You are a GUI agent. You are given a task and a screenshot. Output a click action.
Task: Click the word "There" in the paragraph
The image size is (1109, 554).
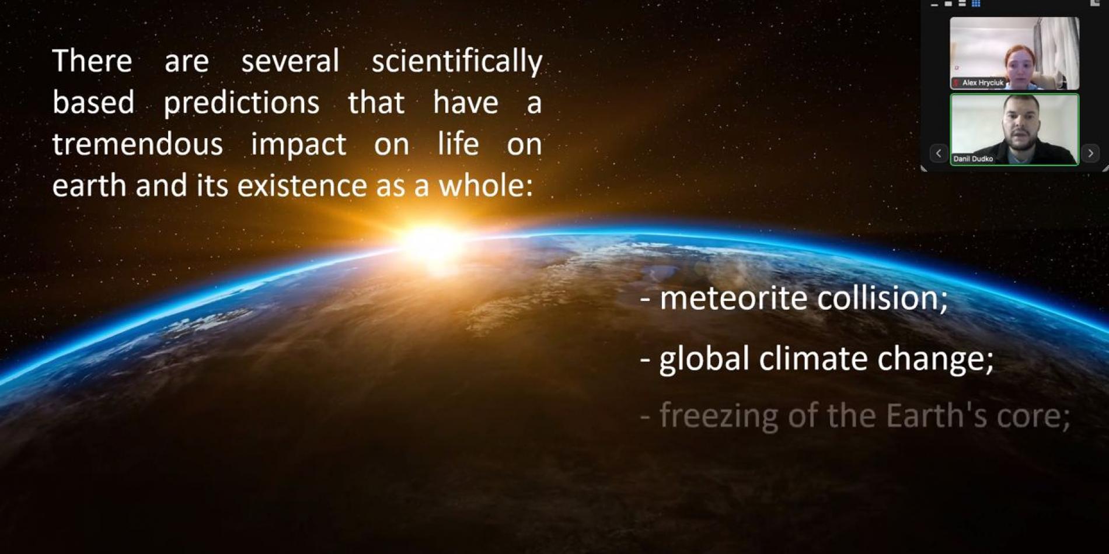[x=92, y=61]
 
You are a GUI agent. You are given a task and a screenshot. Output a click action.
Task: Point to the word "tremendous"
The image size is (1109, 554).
[x=137, y=144]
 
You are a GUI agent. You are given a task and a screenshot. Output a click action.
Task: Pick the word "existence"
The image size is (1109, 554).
[x=302, y=186]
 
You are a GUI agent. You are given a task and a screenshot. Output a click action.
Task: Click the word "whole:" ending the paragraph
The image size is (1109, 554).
[x=486, y=185]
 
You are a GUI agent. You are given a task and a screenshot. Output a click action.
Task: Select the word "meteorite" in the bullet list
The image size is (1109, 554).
[x=733, y=298]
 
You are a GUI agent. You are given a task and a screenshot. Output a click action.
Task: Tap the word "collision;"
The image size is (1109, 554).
[x=883, y=298]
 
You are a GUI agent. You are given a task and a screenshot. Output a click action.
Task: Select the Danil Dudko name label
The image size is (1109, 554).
[x=973, y=159]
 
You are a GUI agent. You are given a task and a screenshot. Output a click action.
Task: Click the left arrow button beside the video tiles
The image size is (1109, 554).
[x=939, y=153]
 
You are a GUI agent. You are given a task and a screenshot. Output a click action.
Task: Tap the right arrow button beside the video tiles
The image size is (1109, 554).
[x=1090, y=153]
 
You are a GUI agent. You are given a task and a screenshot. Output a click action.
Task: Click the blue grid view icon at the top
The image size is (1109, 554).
[x=976, y=3]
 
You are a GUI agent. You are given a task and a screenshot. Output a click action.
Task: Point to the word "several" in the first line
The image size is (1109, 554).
[x=290, y=61]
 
